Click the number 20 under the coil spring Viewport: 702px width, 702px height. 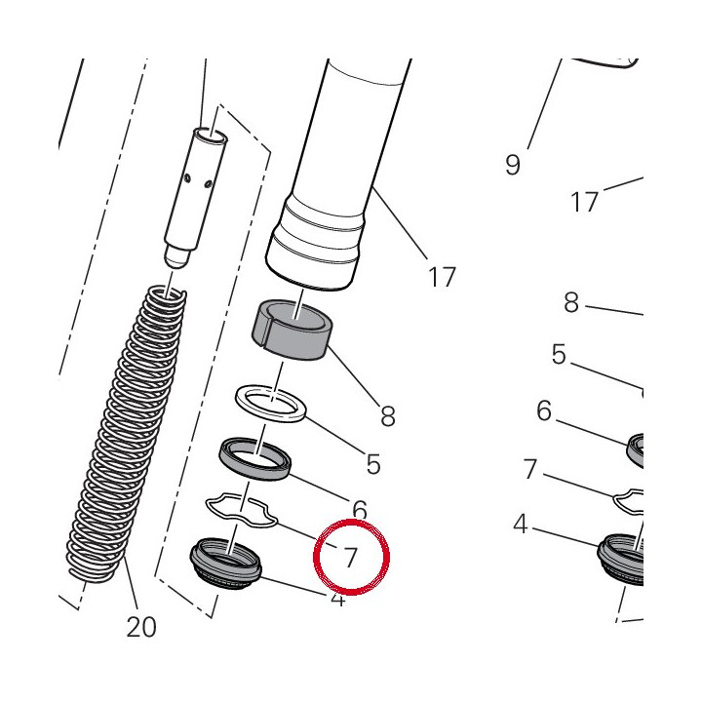pos(141,626)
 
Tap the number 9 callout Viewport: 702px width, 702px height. pos(513,165)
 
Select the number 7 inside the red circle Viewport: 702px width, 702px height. pos(350,558)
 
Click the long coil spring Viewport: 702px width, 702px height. pos(127,434)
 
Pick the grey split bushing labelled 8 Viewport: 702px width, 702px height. pos(291,330)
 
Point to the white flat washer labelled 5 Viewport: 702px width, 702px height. pos(270,404)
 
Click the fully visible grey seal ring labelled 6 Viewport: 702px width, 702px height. pos(254,459)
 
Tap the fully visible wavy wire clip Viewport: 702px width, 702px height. pos(242,511)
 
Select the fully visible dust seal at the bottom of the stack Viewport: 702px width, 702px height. pos(225,564)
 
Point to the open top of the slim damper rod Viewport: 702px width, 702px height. pos(210,135)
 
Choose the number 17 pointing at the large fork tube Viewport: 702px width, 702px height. pos(442,277)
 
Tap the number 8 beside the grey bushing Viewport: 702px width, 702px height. pos(388,415)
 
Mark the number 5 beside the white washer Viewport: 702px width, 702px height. pos(373,463)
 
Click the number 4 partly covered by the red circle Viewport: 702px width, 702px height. pos(338,599)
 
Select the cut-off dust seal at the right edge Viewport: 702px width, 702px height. pos(621,559)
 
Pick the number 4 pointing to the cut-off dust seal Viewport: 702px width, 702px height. pos(521,524)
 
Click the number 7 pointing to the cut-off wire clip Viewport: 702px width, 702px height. pos(530,469)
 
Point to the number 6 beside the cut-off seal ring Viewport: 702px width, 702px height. pos(544,410)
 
